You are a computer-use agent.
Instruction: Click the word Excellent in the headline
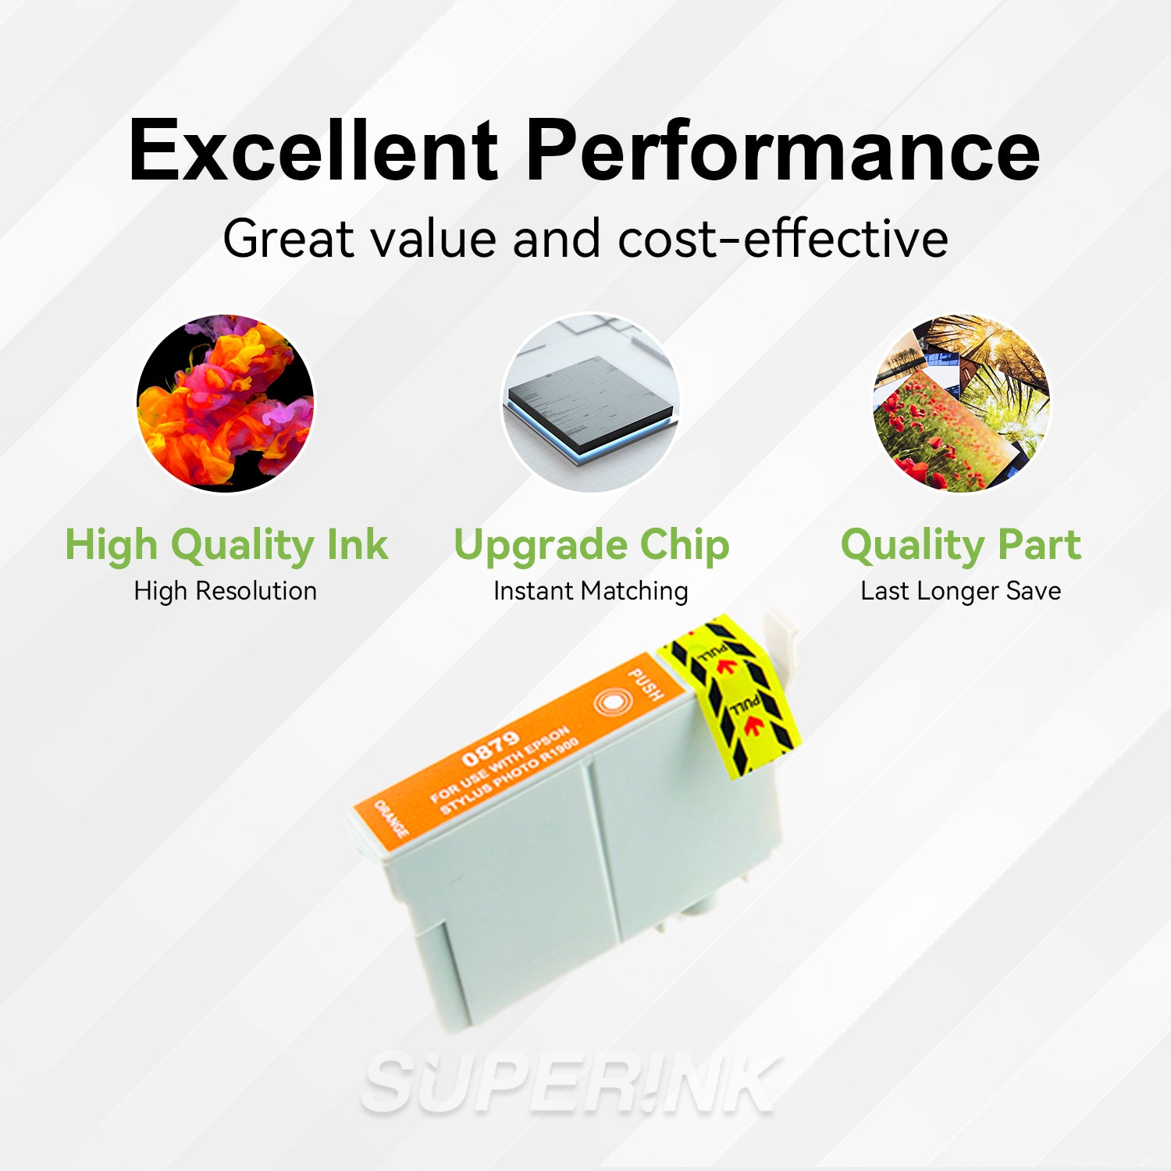(312, 150)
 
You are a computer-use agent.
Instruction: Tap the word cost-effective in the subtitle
(783, 239)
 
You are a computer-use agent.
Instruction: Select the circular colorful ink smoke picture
(225, 403)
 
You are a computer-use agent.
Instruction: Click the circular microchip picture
(590, 403)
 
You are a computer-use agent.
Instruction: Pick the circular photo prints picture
(961, 403)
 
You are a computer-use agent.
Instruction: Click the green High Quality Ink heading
(226, 545)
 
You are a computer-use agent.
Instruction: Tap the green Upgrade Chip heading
(591, 545)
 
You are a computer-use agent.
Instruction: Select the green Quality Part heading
(961, 545)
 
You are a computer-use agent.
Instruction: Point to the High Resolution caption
(225, 591)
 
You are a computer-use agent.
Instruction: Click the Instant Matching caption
(590, 591)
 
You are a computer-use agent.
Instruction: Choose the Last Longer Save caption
(960, 591)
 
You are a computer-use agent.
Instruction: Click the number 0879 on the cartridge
(490, 749)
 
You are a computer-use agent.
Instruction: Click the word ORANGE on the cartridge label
(391, 818)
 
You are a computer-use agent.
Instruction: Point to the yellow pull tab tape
(730, 695)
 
